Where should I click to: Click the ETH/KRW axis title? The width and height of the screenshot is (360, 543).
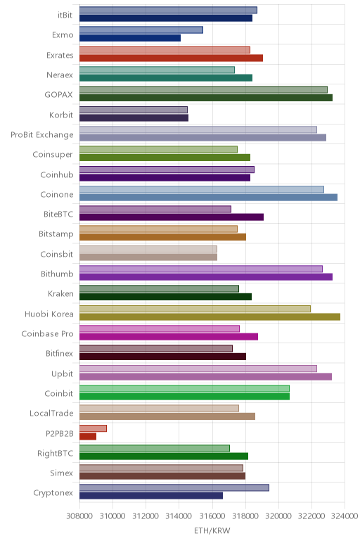212,530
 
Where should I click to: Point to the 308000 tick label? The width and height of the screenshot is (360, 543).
79,516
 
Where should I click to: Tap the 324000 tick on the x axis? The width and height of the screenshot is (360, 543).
345,516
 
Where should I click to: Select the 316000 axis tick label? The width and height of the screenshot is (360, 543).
212,516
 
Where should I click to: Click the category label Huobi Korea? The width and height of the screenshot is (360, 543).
49,314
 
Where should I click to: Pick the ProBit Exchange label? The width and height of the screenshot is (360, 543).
42,135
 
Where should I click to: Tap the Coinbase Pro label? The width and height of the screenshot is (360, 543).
47,334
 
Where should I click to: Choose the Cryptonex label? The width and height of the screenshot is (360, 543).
53,493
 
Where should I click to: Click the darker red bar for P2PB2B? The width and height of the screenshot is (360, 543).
88,436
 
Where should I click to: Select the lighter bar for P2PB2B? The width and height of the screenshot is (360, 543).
93,428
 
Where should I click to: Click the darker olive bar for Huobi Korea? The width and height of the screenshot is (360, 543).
210,317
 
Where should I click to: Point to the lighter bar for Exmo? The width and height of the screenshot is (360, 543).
141,30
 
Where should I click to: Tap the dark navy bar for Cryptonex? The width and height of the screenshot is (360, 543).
151,496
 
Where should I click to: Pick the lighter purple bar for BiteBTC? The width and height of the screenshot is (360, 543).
155,209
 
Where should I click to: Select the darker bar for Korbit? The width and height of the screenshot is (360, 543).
134,117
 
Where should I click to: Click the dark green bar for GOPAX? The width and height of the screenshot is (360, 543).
206,98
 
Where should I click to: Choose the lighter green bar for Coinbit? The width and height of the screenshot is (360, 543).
184,388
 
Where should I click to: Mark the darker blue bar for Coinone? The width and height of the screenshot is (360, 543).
208,198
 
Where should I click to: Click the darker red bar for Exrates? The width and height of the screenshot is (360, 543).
172,58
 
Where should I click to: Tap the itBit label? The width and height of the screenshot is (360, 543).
65,15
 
